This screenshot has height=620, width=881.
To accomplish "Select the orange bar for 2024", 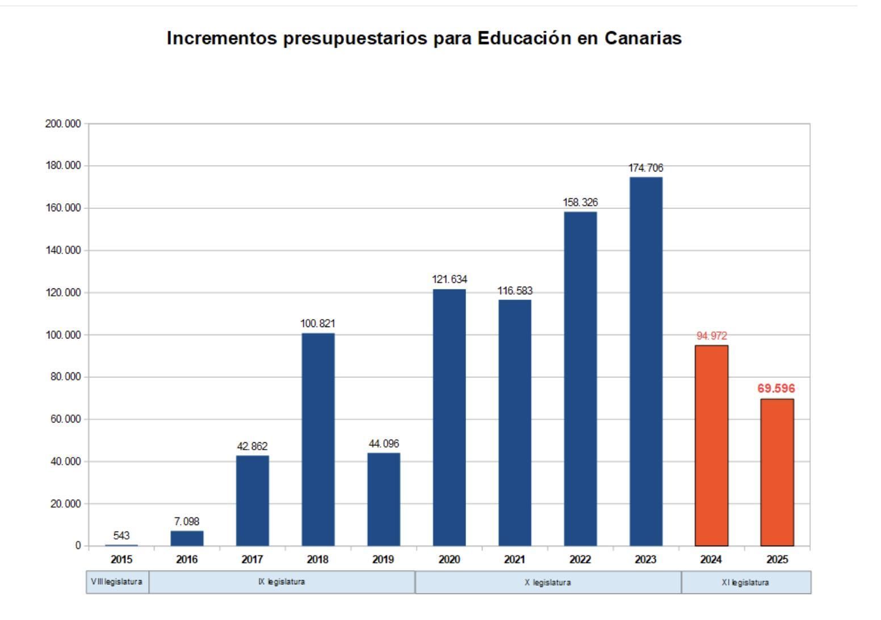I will click(711, 445).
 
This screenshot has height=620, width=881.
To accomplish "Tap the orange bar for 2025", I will click(777, 472).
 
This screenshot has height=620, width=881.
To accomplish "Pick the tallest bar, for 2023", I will click(645, 361).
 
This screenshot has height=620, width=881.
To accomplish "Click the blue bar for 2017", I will click(253, 500).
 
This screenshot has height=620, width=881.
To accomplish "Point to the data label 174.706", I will click(645, 168).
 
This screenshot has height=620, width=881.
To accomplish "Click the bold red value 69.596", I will click(776, 389).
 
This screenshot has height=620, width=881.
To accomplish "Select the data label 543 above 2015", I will click(121, 535).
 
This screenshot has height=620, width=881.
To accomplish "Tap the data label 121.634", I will click(450, 279).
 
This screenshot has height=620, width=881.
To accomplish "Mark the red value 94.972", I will click(711, 336).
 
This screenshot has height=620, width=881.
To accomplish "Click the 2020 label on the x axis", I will click(449, 560).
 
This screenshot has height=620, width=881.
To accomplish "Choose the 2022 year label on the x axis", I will click(580, 560).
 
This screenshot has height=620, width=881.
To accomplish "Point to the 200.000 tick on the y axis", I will click(63, 124).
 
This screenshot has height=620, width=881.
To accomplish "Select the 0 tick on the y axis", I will click(77, 546).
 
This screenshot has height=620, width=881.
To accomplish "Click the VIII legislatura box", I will click(118, 583).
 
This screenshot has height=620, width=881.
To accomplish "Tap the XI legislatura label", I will click(746, 583).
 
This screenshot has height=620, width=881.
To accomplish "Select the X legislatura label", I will click(548, 583).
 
